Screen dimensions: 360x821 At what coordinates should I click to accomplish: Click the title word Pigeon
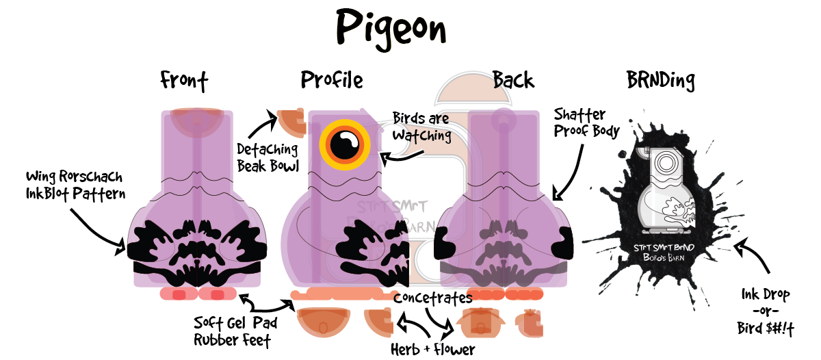point(391,28)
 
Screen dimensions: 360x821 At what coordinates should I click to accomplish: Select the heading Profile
point(332,81)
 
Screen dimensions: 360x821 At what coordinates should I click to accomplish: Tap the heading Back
point(513,81)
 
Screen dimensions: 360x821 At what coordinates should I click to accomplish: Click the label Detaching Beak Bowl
point(268,157)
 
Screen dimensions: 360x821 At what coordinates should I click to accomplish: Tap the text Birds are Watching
point(421,127)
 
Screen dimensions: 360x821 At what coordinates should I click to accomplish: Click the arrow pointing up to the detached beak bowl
point(260,127)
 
